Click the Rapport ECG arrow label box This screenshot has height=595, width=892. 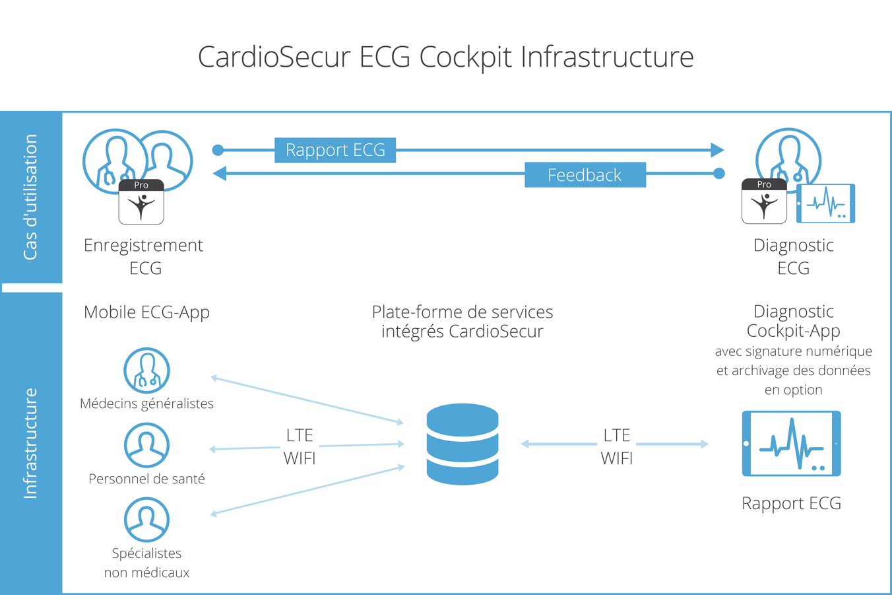coord(335,151)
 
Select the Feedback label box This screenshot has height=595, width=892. coord(585,175)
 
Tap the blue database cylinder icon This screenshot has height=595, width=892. coord(462,444)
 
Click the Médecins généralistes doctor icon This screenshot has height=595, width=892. coord(146,371)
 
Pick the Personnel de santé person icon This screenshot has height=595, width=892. coord(146,446)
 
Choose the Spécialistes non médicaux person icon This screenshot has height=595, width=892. coord(146,520)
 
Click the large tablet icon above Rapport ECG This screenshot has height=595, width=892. coord(791,444)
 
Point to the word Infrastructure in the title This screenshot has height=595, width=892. coord(607,57)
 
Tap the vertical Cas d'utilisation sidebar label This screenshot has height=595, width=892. coord(30,197)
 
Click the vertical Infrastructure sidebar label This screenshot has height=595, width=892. coord(30,443)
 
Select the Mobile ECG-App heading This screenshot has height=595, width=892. coord(146,312)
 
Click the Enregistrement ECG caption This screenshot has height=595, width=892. coord(144,256)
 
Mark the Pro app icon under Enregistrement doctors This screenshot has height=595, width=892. coord(141,202)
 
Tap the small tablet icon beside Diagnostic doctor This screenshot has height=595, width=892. coord(826,203)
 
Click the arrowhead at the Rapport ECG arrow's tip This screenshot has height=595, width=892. coord(717,151)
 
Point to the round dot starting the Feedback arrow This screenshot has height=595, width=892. coord(719,174)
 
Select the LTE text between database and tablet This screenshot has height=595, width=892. coord(616,436)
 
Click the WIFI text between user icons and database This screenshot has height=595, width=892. coord(300,458)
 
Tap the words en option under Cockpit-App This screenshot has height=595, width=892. coord(793,390)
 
